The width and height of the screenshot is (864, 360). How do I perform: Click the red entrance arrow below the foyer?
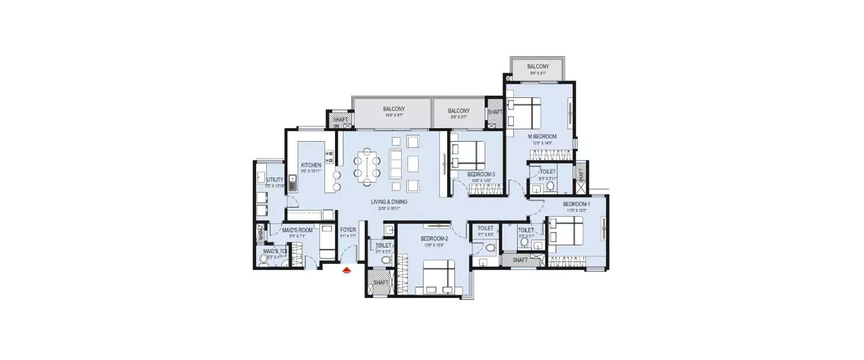tap(347, 270)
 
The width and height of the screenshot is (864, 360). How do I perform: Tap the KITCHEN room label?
tap(310, 165)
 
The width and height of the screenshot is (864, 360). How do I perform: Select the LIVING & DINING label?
tap(389, 202)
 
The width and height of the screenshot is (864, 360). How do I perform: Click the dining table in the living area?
tap(367, 166)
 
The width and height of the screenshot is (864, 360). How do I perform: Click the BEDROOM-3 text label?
tap(481, 174)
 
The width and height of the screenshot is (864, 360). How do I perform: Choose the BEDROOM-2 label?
tap(434, 238)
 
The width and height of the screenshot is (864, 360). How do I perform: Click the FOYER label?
tap(348, 230)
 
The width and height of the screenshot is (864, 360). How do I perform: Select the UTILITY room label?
tap(275, 180)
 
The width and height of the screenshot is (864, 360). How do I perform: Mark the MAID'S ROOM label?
tap(297, 230)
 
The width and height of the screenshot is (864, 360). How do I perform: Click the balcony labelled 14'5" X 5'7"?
tap(394, 109)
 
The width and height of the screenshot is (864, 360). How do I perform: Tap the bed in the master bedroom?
tap(524, 112)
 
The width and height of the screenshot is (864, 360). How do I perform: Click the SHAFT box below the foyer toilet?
tap(381, 283)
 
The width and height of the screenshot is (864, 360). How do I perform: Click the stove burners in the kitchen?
tap(329, 157)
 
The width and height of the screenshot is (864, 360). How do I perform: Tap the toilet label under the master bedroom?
tap(548, 172)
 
